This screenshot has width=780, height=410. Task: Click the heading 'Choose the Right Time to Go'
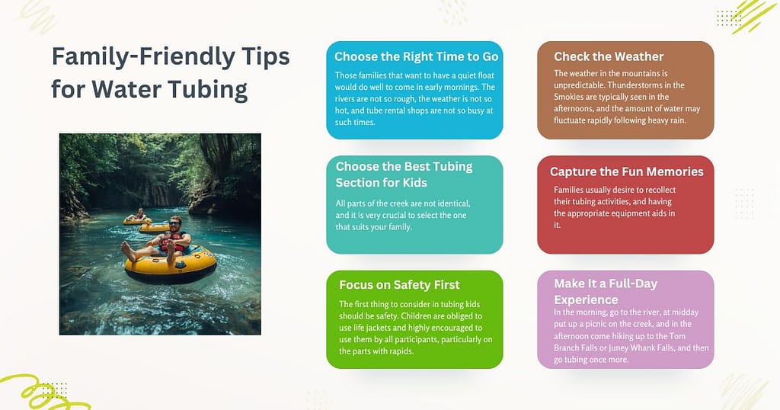416,56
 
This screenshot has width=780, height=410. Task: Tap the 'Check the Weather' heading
609,56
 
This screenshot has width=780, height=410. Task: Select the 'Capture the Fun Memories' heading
626,171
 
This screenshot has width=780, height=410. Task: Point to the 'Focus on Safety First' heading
399,285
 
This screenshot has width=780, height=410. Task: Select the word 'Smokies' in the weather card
569,97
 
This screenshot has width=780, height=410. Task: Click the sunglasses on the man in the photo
174,224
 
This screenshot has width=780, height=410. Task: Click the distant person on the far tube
140,214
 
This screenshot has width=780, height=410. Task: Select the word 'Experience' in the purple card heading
586,300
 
